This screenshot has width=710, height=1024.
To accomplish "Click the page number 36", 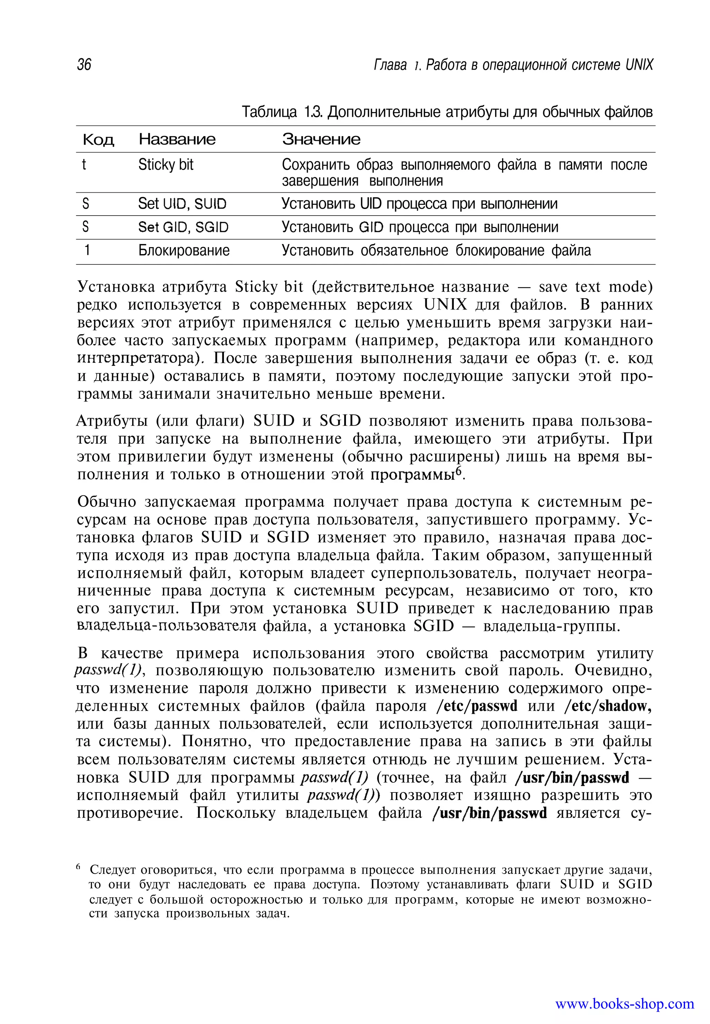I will coord(84,65).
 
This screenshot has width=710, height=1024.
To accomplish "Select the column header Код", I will coord(98,140).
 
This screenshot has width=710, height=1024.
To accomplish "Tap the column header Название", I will coord(177,140).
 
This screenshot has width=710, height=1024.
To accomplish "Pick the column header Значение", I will coord(321,140).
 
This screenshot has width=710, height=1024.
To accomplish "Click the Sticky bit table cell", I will coord(166,165).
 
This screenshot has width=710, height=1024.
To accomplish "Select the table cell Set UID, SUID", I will coord(182,204).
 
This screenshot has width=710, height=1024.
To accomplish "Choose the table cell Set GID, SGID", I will coord(183,228).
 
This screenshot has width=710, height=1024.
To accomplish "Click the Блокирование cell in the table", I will coord(184,251).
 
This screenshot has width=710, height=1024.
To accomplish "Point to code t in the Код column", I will coord(84,165).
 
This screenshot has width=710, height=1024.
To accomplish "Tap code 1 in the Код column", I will coord(87,251).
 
